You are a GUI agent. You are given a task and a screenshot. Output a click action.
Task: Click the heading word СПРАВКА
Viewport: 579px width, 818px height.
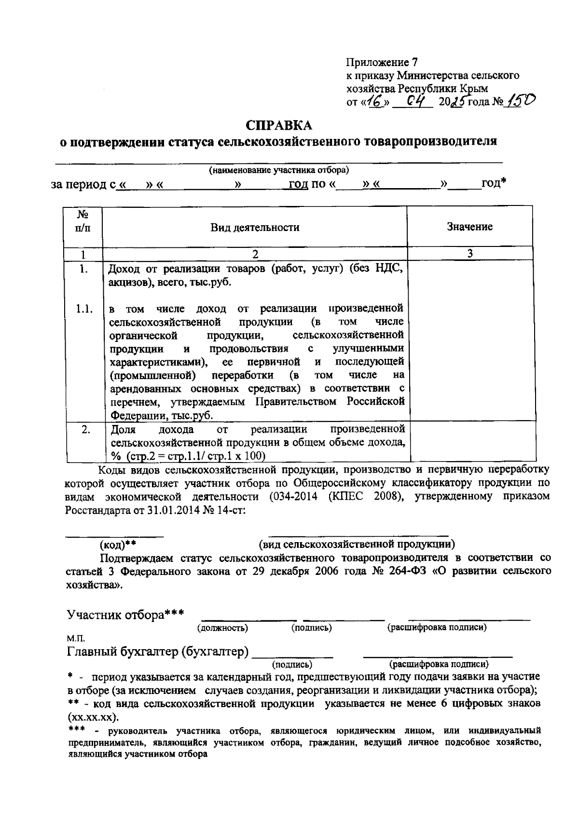279,125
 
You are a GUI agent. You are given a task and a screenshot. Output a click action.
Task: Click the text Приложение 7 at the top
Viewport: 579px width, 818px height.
381,62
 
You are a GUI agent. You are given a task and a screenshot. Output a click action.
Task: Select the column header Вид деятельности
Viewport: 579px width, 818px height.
254,227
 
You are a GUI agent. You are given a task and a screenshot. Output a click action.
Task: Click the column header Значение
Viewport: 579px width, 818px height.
469,227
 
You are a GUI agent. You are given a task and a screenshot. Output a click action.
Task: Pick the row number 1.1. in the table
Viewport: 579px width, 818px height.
84,309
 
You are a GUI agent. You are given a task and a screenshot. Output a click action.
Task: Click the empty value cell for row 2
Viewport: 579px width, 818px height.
472,442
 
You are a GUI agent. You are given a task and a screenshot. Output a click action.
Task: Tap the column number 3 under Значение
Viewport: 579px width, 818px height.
469,254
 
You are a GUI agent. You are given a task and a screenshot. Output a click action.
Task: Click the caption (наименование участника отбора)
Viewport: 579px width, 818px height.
279,170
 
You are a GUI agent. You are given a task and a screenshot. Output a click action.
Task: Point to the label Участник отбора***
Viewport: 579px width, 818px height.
125,614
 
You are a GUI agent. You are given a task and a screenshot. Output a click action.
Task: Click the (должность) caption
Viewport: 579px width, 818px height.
222,627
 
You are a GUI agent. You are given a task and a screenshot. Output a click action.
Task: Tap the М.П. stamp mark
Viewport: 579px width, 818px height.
73,639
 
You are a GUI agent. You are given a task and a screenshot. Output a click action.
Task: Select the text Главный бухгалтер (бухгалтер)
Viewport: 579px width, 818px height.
158,652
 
